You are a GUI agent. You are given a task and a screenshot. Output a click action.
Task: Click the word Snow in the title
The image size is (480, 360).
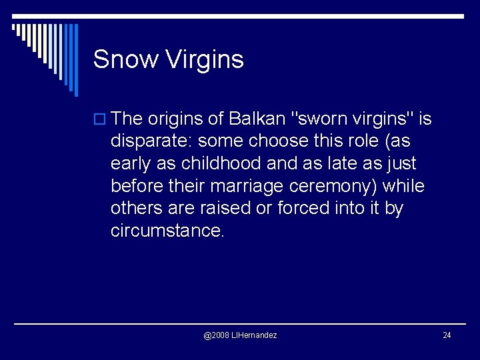[x=125, y=59]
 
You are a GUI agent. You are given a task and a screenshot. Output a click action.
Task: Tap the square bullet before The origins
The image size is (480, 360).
[x=101, y=120]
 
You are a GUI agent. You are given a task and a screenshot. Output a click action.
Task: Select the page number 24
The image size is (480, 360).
[x=447, y=335]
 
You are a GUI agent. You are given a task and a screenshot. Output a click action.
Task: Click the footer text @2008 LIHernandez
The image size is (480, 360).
[x=240, y=335]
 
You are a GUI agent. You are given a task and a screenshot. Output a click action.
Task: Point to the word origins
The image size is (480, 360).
[x=175, y=119]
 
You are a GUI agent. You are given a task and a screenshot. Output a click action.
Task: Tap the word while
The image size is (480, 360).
[x=403, y=186]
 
